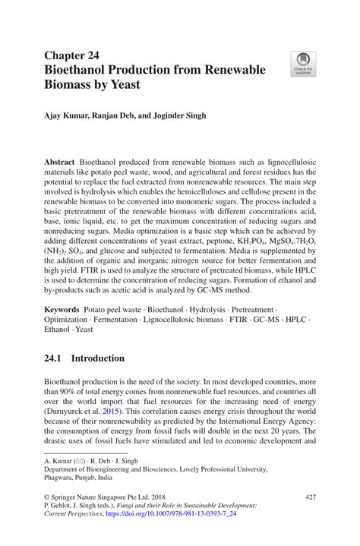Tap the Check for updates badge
(303, 64)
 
